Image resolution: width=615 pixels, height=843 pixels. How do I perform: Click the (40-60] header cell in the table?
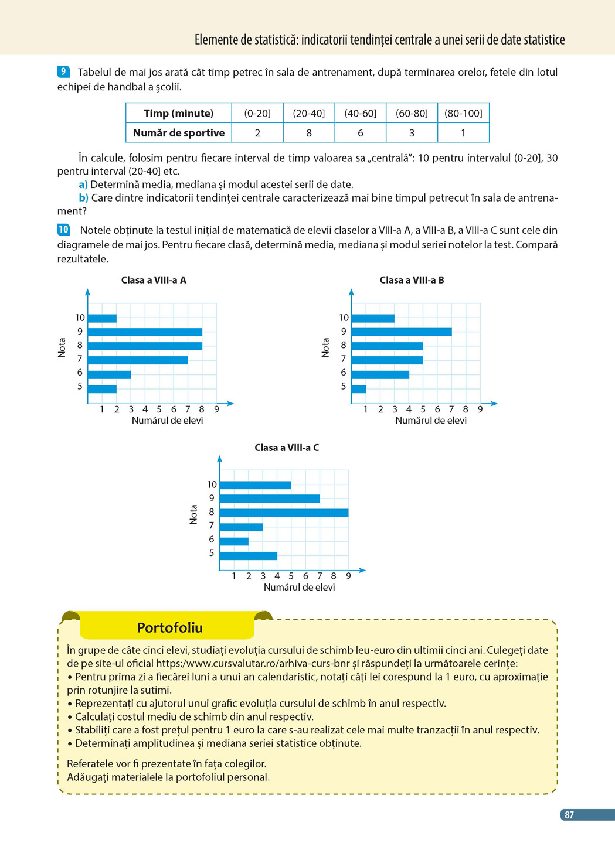click(x=360, y=113)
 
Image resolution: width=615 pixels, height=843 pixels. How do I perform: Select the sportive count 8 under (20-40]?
click(x=309, y=133)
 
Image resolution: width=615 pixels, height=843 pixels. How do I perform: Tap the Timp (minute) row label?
click(x=179, y=113)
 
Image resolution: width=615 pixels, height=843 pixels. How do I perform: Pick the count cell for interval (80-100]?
click(x=463, y=133)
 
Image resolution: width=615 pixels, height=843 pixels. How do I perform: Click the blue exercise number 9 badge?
click(x=63, y=72)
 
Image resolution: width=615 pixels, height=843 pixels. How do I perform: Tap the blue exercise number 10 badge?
click(x=63, y=230)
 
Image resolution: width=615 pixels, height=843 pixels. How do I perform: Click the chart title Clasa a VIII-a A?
click(x=154, y=280)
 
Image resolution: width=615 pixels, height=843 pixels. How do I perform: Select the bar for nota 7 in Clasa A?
click(x=138, y=360)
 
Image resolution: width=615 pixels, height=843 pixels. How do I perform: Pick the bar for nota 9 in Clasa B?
click(x=402, y=332)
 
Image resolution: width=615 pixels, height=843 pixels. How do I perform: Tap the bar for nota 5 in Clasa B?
click(x=359, y=388)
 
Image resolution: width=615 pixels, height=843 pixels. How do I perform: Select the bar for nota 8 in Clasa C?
click(x=284, y=513)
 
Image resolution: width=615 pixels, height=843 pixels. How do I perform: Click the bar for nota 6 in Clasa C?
click(x=234, y=541)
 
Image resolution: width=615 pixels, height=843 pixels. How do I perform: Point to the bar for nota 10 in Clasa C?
click(x=255, y=485)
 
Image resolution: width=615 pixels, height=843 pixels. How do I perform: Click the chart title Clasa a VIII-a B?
click(x=412, y=280)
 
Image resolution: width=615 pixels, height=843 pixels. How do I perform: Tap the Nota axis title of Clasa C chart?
click(x=193, y=514)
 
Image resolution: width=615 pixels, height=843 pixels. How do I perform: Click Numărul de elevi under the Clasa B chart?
click(x=431, y=420)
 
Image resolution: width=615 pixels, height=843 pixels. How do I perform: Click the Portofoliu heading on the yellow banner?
click(x=169, y=627)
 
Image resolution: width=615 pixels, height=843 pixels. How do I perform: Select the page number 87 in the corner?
click(x=569, y=815)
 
